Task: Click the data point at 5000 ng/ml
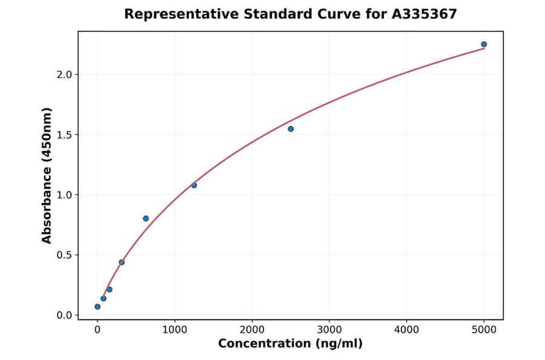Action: pos(484,44)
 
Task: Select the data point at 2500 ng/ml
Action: pos(291,128)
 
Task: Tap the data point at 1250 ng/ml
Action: pos(194,185)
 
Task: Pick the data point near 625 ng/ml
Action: pos(146,218)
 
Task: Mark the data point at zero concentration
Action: pos(97,307)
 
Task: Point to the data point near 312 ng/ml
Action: pos(122,262)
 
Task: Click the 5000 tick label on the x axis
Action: pos(484,330)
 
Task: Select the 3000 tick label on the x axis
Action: pos(329,330)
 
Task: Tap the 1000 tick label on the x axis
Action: pos(174,330)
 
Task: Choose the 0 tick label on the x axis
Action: pos(97,330)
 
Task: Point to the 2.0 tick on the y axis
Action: pos(64,75)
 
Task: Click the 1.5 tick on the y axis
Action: pos(64,135)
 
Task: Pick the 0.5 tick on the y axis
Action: pos(64,255)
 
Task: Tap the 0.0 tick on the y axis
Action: pos(64,315)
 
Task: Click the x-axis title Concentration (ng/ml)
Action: pos(290,344)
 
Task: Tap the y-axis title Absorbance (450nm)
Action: pos(47,175)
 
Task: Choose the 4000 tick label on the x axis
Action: pos(406,330)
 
